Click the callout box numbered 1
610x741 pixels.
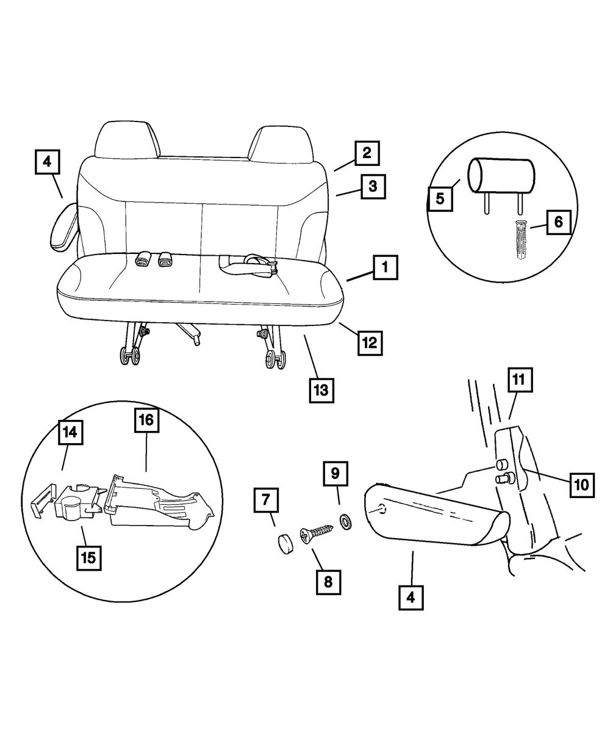385,267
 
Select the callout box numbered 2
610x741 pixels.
366,153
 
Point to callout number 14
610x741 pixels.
71,432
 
